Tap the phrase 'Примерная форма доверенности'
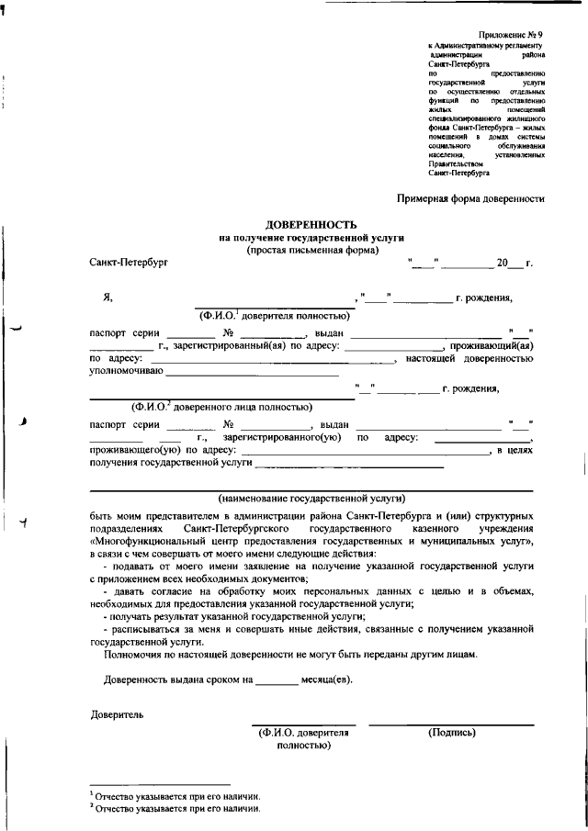click(x=470, y=197)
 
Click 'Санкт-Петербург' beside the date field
click(x=130, y=264)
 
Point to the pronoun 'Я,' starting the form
click(x=107, y=297)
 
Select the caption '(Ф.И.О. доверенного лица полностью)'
click(x=221, y=407)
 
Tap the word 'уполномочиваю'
click(x=126, y=371)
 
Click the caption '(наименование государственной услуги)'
click(x=311, y=498)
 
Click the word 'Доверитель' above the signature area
click(x=117, y=713)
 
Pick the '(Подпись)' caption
click(x=452, y=733)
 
